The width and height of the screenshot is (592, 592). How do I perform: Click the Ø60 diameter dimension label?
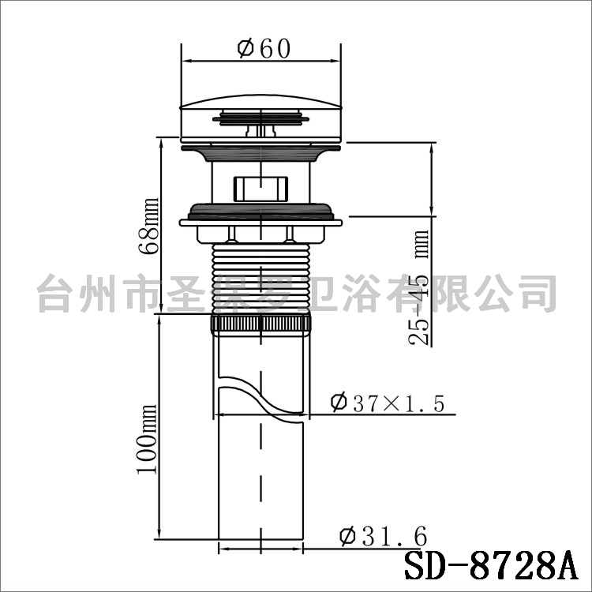(x=264, y=49)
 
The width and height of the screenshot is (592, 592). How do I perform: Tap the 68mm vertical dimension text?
(x=149, y=226)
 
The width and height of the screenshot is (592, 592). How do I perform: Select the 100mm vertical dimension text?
(x=147, y=439)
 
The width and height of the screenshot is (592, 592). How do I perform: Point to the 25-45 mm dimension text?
(x=419, y=287)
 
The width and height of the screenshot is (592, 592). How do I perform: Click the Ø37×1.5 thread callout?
(x=387, y=403)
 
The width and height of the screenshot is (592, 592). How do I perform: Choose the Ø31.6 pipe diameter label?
(x=383, y=536)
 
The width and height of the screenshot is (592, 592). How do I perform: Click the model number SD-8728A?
(x=492, y=567)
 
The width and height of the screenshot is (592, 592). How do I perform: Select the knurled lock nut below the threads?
(x=261, y=324)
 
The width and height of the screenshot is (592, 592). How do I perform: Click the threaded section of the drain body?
(x=261, y=279)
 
